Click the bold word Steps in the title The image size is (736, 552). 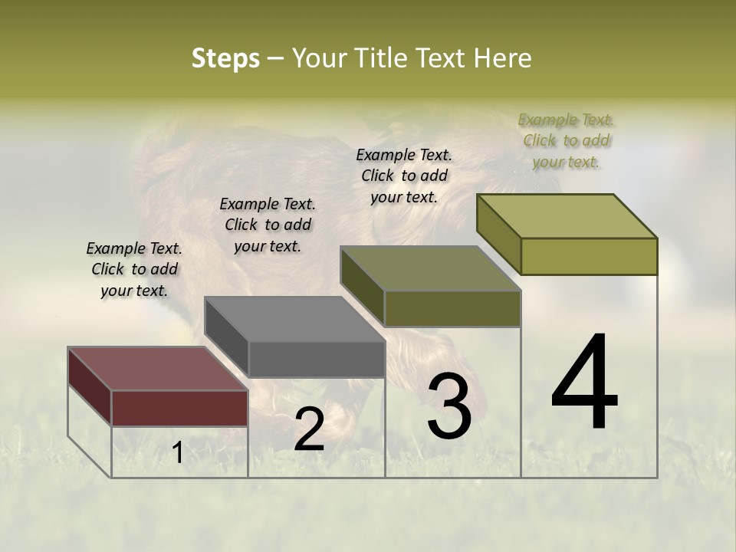coord(225,58)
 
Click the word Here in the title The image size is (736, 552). coord(504,58)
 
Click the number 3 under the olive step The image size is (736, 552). coord(449,406)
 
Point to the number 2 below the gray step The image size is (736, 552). coord(309,429)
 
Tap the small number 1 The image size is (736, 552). coord(177,453)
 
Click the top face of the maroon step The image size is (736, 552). coord(157,368)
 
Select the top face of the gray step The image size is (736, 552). coord(294,319)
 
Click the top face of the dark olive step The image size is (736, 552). coord(430,268)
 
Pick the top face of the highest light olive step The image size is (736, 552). coord(567,215)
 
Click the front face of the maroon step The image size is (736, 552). coord(180,408)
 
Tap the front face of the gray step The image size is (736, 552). coord(317,359)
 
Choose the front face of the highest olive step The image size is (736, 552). coord(589,256)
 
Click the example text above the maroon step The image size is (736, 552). coord(134,269)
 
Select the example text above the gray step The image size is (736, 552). coord(268,225)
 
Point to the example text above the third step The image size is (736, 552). coord(404,176)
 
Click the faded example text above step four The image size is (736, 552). coord(566,140)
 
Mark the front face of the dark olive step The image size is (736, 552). coord(452,308)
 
